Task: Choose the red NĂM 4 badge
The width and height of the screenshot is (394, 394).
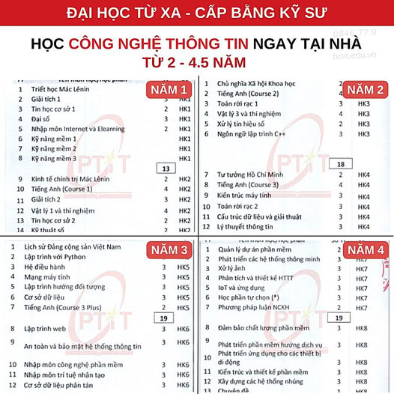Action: click(365, 250)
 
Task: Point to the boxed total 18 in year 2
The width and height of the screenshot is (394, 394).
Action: click(341, 163)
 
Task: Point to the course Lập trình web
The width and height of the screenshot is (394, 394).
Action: click(46, 328)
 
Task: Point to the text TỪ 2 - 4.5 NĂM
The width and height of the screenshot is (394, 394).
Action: click(196, 64)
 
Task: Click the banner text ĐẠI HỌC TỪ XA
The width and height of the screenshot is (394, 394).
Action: click(115, 13)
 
